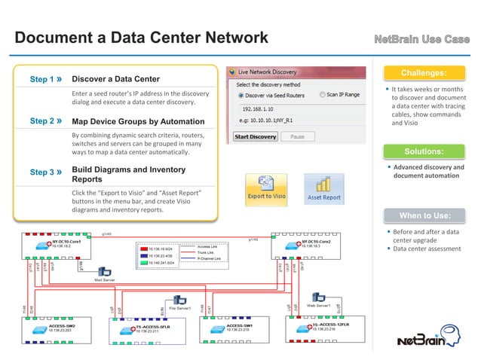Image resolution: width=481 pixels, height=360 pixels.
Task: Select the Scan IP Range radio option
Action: pyautogui.click(x=322, y=95)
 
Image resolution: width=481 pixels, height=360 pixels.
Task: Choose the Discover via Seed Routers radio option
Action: pyautogui.click(x=240, y=95)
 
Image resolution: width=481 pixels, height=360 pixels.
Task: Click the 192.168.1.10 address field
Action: pyautogui.click(x=260, y=109)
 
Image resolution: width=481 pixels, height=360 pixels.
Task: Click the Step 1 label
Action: pyautogui.click(x=45, y=80)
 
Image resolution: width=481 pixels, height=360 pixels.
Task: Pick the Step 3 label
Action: pyautogui.click(x=45, y=172)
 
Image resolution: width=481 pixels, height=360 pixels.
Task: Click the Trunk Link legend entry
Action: pyautogui.click(x=209, y=252)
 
